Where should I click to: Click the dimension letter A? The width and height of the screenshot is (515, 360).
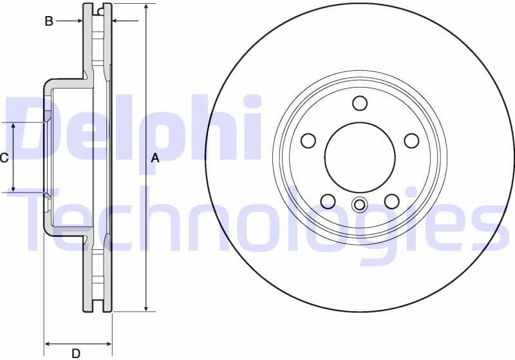[x=154, y=158]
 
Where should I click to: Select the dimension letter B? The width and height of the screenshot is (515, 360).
[x=48, y=21]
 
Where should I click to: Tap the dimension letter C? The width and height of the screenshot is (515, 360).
[x=5, y=158]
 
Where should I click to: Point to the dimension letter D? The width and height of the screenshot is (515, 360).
[x=76, y=353]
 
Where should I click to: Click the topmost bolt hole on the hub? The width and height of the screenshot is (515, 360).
[x=360, y=103]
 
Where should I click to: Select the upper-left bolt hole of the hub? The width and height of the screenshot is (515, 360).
[x=308, y=140]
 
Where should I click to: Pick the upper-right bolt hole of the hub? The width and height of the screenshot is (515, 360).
[x=411, y=140]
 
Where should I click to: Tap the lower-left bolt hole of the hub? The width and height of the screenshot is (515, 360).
[x=328, y=201]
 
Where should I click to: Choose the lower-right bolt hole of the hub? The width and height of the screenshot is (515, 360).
[x=391, y=201]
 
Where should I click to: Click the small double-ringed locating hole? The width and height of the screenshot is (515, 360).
[x=359, y=205]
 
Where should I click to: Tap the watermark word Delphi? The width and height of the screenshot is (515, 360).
[x=135, y=129]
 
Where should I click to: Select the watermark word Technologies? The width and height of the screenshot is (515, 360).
[x=257, y=219]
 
